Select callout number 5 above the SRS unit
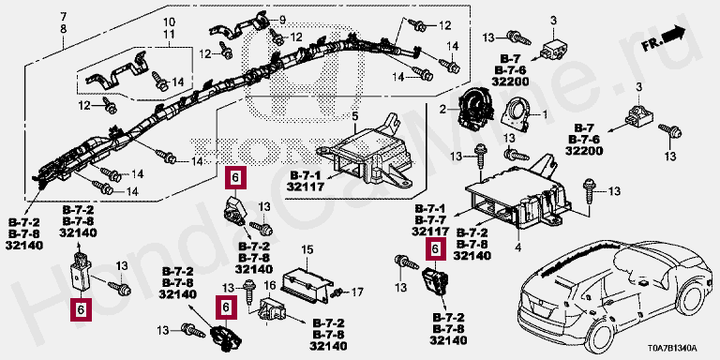pos(354,115)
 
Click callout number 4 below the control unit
pos(517,248)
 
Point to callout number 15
pos(307,250)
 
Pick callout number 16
pos(270,287)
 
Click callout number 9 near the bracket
pos(282,20)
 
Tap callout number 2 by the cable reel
pos(442,110)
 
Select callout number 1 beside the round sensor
pos(545,114)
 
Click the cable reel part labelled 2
pos(472,112)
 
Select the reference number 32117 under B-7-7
pos(430,231)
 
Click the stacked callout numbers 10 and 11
pos(169,27)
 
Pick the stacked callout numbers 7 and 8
pos(64,23)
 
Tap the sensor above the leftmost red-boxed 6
pos(80,272)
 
